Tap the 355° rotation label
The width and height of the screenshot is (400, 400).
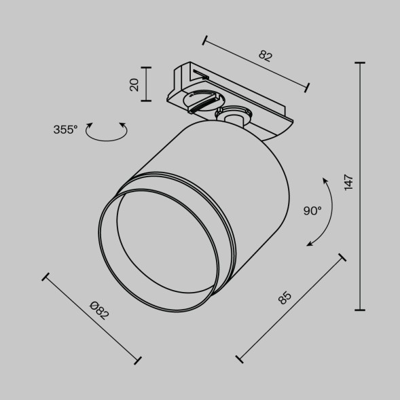[x=66, y=130]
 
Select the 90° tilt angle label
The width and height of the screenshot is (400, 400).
[x=312, y=211]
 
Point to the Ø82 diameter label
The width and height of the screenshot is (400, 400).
[x=100, y=310]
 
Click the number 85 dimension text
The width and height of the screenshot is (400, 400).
[x=284, y=297]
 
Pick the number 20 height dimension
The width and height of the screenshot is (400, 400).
[x=134, y=84]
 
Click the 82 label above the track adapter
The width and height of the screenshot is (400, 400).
[x=265, y=56]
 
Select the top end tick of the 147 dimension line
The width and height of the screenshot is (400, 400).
[x=360, y=63]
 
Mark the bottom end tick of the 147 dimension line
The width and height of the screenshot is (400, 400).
[x=360, y=310]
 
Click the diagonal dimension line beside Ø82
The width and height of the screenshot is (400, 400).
[x=92, y=318]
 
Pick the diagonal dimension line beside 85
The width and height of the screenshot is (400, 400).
[x=291, y=308]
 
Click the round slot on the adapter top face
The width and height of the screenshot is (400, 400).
[x=202, y=97]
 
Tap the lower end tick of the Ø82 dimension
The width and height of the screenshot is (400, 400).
[x=139, y=359]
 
